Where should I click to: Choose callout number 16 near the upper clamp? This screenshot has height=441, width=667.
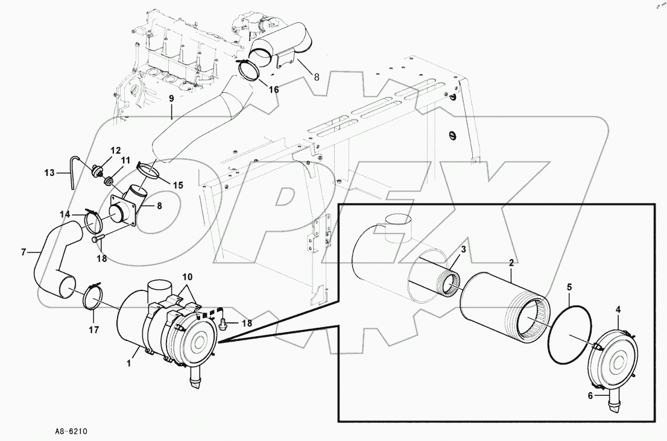[274, 89]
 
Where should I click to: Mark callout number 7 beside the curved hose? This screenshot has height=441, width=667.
[24, 251]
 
